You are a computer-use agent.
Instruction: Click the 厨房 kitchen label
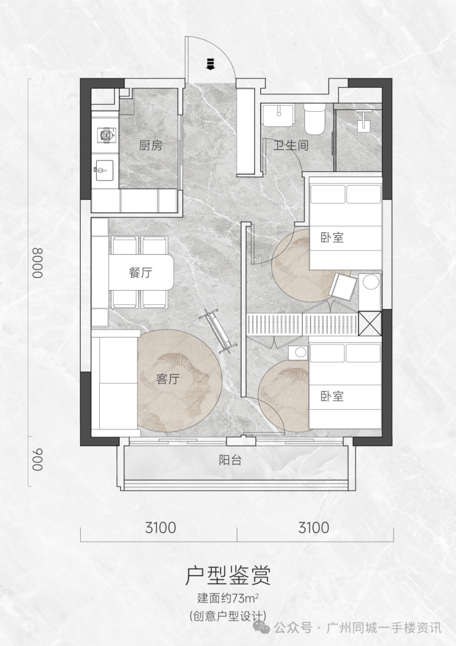tap(150, 146)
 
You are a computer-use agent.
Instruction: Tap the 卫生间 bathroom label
tap(291, 145)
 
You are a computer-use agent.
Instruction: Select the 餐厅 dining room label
tap(140, 272)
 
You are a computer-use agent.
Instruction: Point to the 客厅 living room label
tap(168, 379)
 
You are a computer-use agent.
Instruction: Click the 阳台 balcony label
tap(230, 460)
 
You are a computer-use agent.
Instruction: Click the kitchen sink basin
tap(104, 170)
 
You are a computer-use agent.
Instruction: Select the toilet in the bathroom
tap(314, 118)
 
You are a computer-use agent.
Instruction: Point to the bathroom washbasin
tap(279, 115)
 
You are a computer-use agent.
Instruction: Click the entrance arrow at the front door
tap(210, 64)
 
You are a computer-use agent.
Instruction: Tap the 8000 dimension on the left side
tap(38, 263)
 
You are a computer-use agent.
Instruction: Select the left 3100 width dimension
tap(160, 528)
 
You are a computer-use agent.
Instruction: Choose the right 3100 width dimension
tap(314, 528)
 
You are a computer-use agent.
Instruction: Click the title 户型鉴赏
tap(227, 576)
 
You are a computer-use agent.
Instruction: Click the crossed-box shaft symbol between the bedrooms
tap(370, 323)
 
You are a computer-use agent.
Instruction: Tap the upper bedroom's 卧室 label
tap(332, 238)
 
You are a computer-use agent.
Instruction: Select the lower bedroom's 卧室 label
tap(332, 396)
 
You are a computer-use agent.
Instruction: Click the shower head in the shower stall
tap(364, 120)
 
